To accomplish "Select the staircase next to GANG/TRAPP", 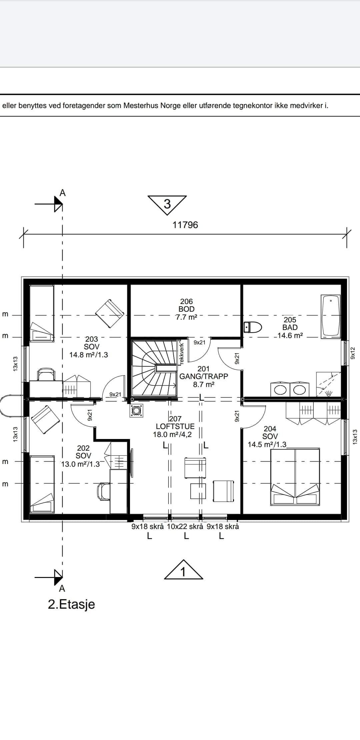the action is (154, 368).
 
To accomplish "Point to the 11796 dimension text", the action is (185, 225).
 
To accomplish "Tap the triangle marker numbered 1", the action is (183, 570).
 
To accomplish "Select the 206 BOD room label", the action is (186, 305).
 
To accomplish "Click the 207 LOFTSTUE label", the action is (175, 422).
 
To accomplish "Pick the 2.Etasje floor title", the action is (71, 604).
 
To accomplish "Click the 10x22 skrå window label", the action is (185, 527).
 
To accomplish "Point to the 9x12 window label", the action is (353, 353).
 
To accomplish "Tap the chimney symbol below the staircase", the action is (136, 411).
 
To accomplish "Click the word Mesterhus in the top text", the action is (141, 106).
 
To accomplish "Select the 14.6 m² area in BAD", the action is (290, 335).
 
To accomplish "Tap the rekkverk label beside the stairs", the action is (182, 353).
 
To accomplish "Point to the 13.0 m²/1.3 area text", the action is (80, 464).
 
